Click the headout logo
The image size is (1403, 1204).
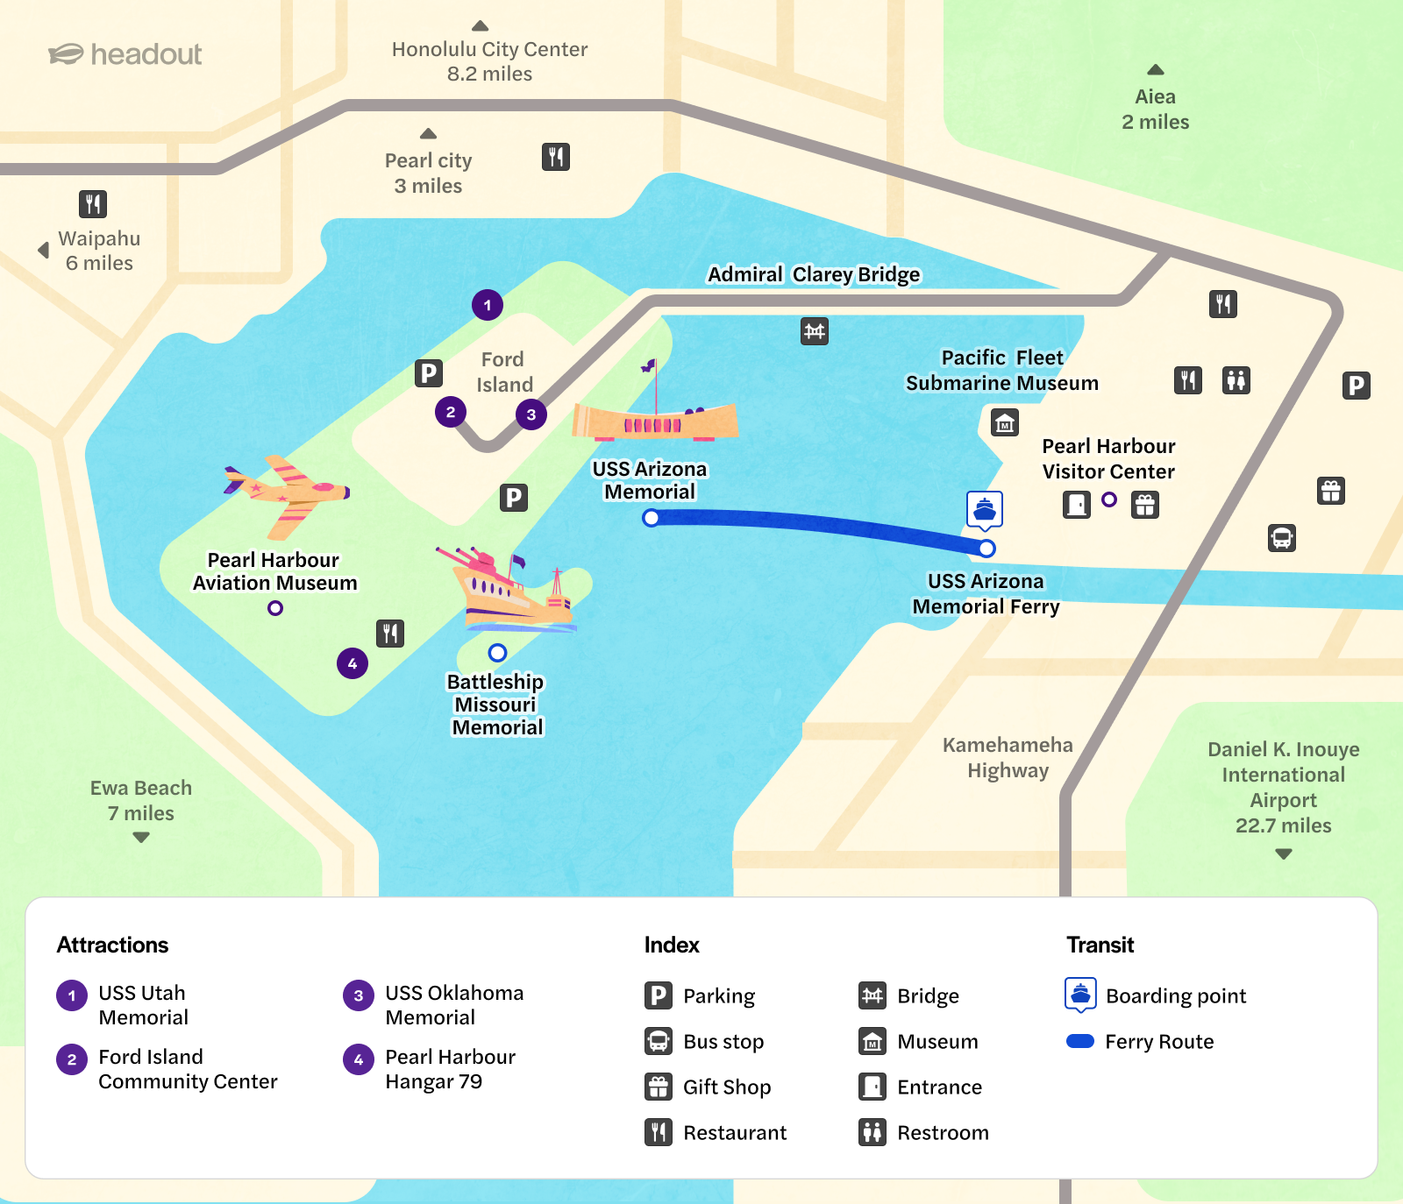tap(125, 54)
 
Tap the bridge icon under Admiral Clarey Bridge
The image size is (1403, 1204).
tap(815, 331)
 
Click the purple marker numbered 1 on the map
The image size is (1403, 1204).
tap(488, 305)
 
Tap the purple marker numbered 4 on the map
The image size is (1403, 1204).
tap(353, 663)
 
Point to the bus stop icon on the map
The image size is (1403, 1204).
tap(1282, 537)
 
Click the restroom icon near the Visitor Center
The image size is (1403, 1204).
tap(1236, 380)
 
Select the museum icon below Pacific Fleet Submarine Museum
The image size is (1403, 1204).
tap(1005, 422)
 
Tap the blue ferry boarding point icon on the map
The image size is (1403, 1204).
tap(985, 509)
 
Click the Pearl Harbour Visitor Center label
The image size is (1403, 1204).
tap(1108, 459)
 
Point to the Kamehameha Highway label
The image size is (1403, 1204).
tap(1008, 757)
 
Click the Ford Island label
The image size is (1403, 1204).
tap(504, 372)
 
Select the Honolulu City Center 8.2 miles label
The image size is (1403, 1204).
tap(489, 61)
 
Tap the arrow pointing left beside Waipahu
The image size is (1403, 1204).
tap(43, 250)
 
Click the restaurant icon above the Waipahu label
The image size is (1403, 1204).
tap(93, 204)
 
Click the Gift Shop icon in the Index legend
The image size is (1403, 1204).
tap(659, 1087)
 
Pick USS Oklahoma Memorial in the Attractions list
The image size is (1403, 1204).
tap(453, 1005)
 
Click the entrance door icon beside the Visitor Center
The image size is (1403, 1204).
tap(1077, 504)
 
